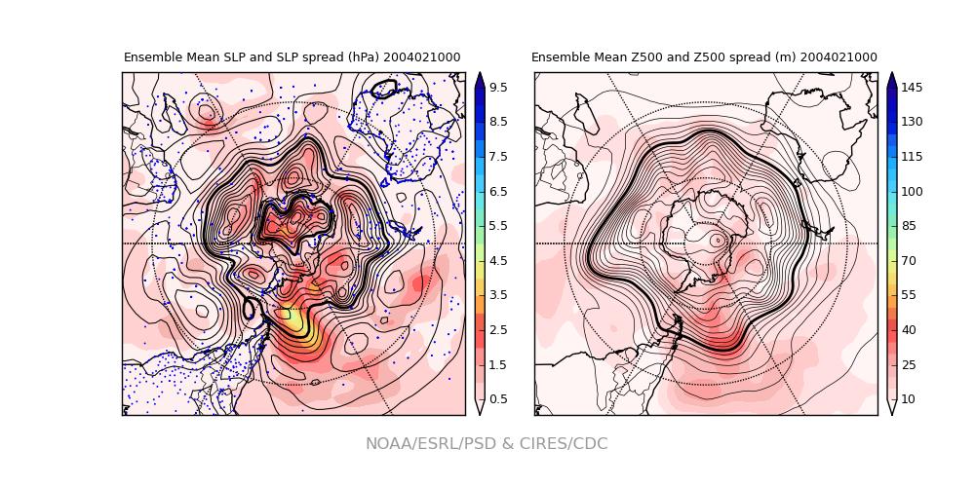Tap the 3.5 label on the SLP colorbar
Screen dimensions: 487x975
497,295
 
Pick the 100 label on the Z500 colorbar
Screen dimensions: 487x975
912,192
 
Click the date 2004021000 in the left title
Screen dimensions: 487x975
421,57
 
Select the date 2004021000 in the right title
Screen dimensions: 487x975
838,57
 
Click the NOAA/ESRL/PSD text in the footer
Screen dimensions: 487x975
425,444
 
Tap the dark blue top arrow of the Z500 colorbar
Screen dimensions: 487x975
891,79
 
